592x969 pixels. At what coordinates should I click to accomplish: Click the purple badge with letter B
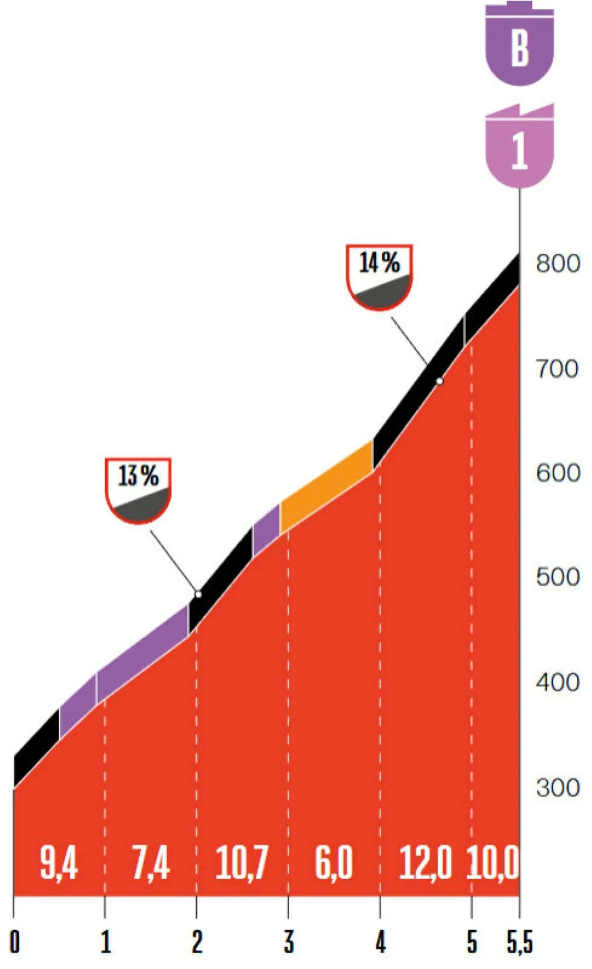(x=519, y=47)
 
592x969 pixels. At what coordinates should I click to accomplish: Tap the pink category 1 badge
(x=519, y=148)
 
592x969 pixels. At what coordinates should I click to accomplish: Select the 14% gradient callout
(x=379, y=276)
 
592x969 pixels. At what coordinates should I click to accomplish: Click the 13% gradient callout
(x=139, y=490)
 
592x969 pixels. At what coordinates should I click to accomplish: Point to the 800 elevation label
(x=558, y=264)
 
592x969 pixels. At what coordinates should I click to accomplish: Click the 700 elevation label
(x=557, y=369)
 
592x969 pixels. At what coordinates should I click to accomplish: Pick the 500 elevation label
(x=558, y=577)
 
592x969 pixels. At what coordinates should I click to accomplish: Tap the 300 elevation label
(x=558, y=787)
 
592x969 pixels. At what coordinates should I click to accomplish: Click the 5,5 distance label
(x=519, y=942)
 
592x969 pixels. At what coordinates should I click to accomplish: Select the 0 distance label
(x=15, y=942)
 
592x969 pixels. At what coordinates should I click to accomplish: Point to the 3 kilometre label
(x=289, y=942)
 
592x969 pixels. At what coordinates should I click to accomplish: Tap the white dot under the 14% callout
(x=440, y=381)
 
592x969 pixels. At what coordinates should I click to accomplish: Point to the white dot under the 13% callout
(x=198, y=594)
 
